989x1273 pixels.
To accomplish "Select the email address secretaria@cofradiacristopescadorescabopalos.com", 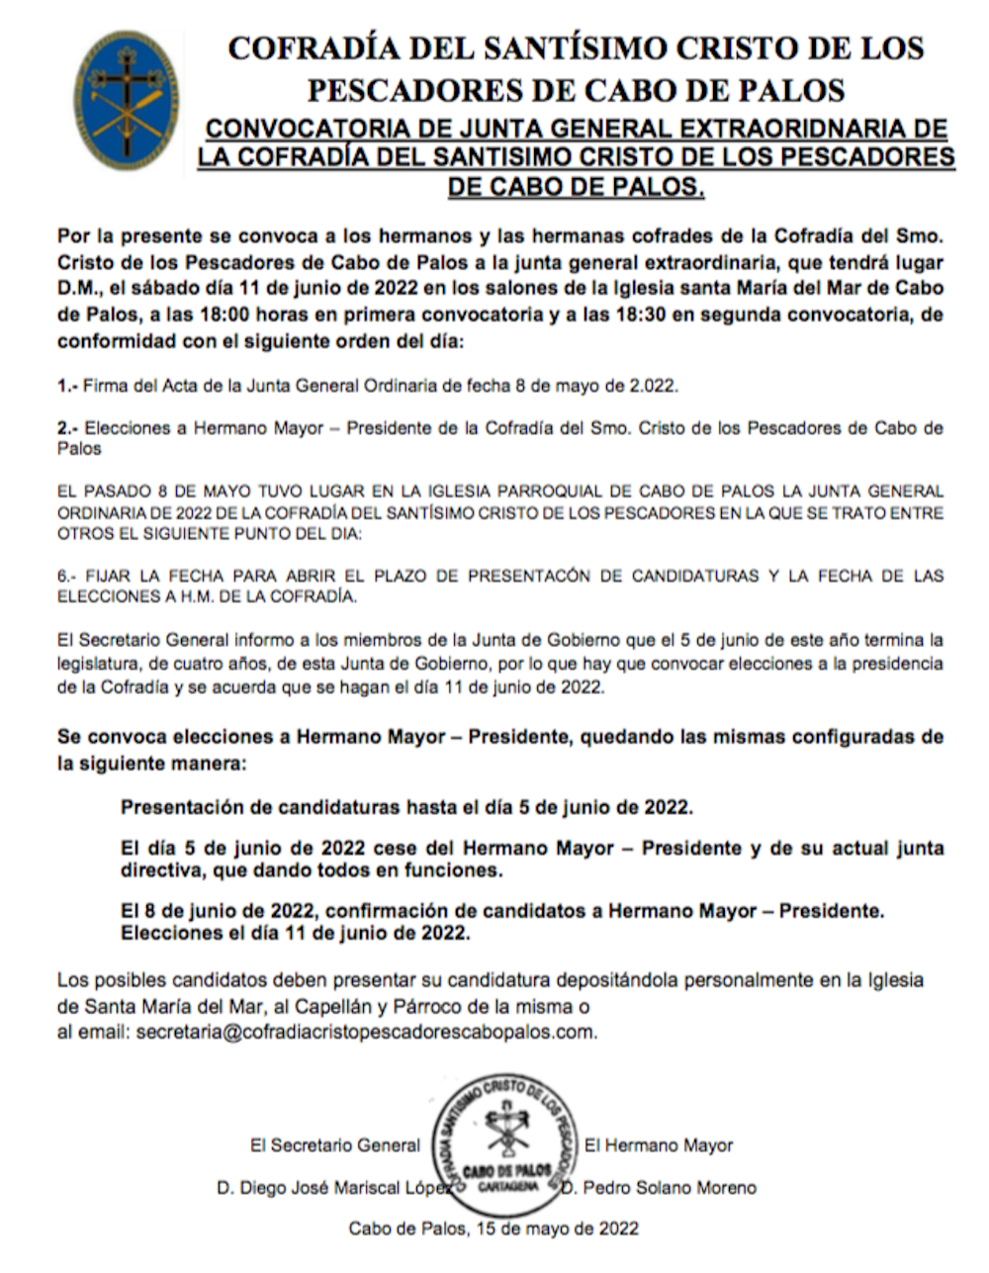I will coord(366,1033).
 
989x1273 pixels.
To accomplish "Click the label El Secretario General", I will coord(335,1145).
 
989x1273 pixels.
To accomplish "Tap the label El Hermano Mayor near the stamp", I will coord(659,1145).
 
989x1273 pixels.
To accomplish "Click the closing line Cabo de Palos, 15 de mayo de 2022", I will coord(494,1229).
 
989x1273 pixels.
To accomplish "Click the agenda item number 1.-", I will coord(67,386).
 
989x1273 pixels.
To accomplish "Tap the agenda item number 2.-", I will coord(67,429).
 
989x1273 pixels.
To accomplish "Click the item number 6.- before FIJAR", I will coord(67,576).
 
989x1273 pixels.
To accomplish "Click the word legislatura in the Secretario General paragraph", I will coord(99,664).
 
